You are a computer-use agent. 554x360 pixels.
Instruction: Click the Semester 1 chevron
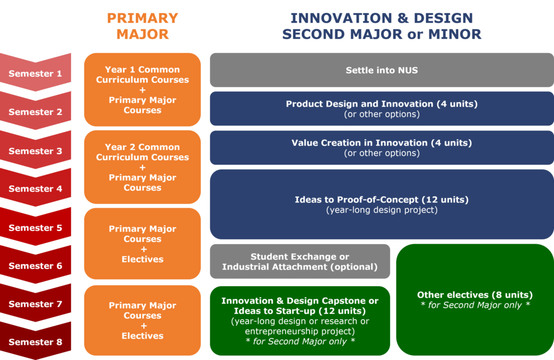click(35, 73)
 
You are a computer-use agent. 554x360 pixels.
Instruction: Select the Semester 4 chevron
click(35, 188)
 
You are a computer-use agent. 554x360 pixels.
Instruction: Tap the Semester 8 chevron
click(35, 342)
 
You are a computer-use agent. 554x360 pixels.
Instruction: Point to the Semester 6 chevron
click(35, 265)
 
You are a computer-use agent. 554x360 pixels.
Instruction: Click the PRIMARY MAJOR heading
click(142, 26)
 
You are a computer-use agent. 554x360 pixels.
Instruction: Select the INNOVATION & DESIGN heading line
click(381, 18)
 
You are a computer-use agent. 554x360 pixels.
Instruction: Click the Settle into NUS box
click(382, 70)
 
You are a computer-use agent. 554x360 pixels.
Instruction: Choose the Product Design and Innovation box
click(382, 109)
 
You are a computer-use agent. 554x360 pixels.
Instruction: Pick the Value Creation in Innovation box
click(382, 147)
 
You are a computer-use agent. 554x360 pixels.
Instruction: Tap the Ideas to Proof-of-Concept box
click(382, 205)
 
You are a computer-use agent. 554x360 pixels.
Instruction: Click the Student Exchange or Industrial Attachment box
click(300, 261)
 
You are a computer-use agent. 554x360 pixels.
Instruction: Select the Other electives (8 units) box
click(475, 299)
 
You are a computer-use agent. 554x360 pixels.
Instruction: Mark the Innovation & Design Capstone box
click(300, 320)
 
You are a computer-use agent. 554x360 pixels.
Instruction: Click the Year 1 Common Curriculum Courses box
click(142, 89)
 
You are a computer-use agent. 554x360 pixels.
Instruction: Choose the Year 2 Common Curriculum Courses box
click(142, 167)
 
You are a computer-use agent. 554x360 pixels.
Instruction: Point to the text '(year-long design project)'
click(382, 210)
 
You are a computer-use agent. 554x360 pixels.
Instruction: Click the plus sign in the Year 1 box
click(142, 90)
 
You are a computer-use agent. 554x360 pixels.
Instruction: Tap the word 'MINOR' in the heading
click(454, 34)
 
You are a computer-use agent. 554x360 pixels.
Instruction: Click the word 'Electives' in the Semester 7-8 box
click(142, 336)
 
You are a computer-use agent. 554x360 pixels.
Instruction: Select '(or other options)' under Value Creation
click(382, 153)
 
